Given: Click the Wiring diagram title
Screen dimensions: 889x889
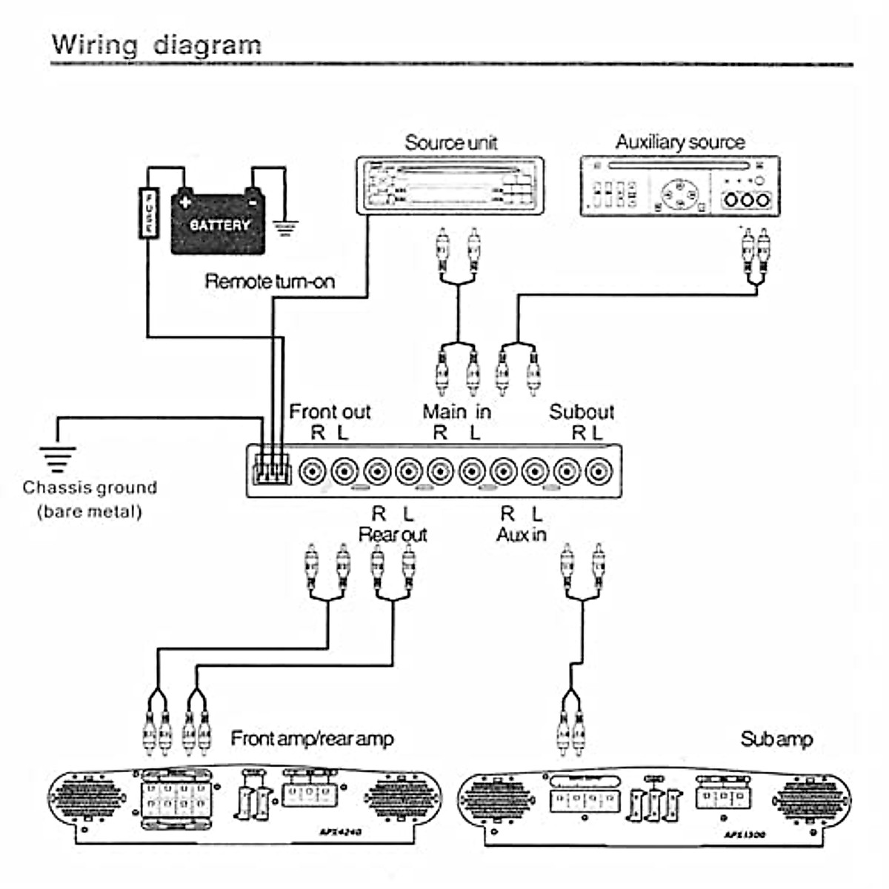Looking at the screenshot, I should tap(156, 44).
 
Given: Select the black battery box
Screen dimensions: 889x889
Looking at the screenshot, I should tap(218, 224).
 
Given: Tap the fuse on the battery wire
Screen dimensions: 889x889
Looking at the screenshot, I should tap(149, 213).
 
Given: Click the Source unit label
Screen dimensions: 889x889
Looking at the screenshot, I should tap(450, 142).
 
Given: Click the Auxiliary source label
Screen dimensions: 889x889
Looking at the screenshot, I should tap(679, 141).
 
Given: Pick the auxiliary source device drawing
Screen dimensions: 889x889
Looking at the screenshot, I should tap(679, 186).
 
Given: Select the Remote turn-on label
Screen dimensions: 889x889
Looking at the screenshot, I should tap(269, 282).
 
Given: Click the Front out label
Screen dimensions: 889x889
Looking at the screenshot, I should tap(329, 411).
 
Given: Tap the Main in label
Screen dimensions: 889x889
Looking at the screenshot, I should tap(456, 411).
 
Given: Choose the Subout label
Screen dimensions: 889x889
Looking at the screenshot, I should tap(582, 411).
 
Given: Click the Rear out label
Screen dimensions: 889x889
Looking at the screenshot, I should tap(393, 534).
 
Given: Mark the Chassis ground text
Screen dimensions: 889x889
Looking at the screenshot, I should tap(90, 487).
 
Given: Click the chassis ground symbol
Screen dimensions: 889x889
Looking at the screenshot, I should tap(57, 459).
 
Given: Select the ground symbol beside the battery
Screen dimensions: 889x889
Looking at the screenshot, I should tap(284, 226).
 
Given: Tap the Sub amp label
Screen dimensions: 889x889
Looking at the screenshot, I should tap(776, 739).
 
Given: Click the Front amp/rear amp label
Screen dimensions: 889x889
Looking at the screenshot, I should tap(312, 739).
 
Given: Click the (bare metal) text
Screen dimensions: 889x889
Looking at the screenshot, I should tap(90, 511).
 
